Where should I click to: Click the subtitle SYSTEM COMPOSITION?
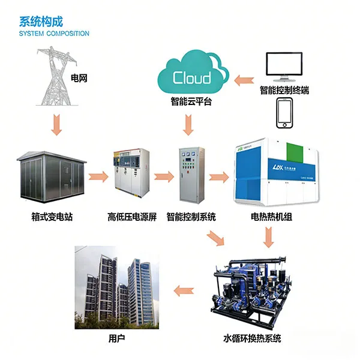tap(54, 34)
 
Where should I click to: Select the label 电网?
tap(79, 79)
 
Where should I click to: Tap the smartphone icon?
tap(284, 113)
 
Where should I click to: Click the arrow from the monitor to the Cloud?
tap(245, 77)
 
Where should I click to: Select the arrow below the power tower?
tap(55, 123)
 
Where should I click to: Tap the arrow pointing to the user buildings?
tap(184, 291)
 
